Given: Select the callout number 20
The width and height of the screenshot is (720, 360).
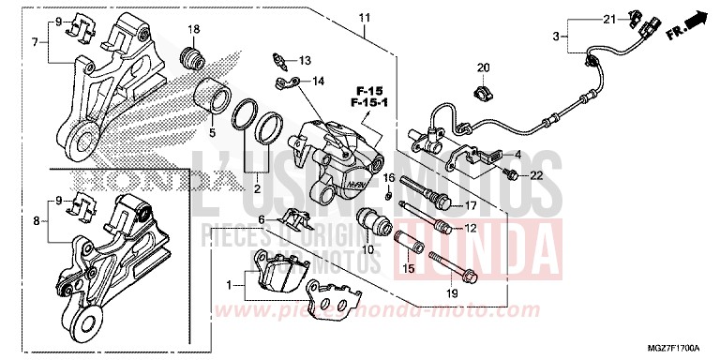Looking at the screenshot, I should tap(484, 67).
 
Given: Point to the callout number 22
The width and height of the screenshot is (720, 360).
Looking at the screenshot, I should tap(536, 175).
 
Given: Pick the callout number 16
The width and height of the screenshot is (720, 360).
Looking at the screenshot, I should tap(388, 177).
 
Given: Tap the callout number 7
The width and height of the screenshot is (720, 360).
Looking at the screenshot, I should tap(35, 42).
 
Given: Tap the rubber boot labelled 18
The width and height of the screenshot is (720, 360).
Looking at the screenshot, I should tap(192, 57).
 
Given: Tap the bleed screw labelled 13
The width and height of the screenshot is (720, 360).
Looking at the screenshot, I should tap(279, 63).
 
